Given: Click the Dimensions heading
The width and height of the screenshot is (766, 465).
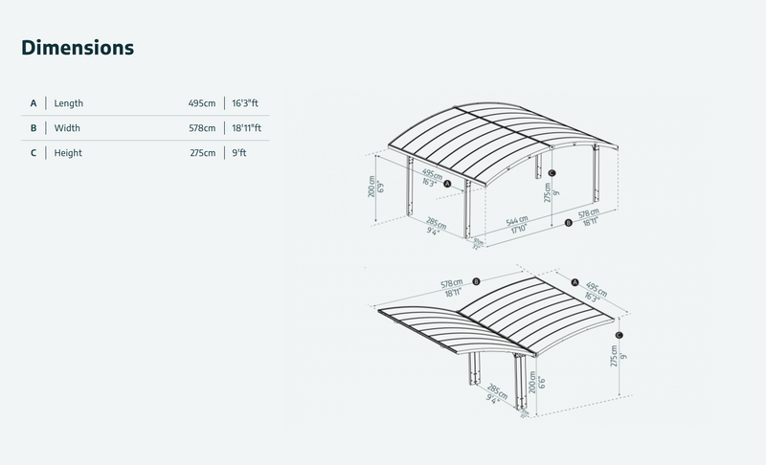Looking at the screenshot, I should [78, 47].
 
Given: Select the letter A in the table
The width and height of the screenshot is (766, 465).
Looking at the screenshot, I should [34, 103].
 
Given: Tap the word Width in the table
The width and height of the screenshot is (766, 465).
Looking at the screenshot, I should [67, 128].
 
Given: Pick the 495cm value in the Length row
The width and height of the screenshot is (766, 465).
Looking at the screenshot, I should [201, 103].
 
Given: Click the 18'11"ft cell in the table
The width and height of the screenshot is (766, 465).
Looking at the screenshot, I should [246, 128].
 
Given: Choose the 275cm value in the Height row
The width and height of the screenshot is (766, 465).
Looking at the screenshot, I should [201, 153].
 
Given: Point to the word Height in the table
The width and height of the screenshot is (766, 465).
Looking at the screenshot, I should [68, 153].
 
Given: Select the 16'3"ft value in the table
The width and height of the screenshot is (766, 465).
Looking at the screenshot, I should [245, 103].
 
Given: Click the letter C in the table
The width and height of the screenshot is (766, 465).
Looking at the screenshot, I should [34, 153].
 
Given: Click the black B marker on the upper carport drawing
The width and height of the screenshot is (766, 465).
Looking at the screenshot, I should [569, 223].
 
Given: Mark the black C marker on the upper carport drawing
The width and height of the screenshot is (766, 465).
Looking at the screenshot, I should [552, 173].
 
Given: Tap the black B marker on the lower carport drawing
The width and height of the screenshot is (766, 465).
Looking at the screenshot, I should [476, 280].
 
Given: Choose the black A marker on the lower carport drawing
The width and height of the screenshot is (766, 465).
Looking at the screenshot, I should [574, 282].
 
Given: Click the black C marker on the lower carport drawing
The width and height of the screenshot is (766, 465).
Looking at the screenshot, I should [620, 335].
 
